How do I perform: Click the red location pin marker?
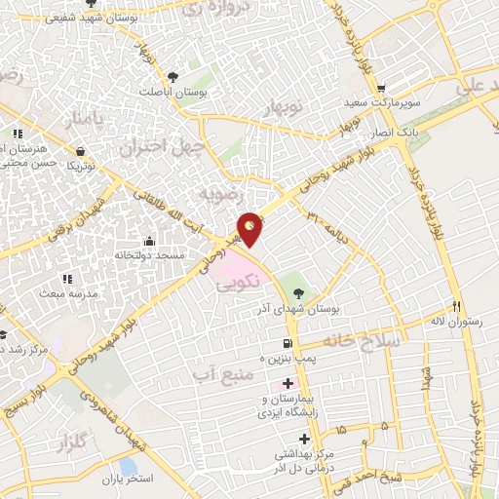[x=251, y=228]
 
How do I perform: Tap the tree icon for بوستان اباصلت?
[x=173, y=76]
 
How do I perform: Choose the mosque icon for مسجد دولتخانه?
[x=148, y=242]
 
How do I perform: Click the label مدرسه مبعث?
[x=66, y=292]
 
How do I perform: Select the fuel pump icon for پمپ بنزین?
[x=286, y=344]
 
